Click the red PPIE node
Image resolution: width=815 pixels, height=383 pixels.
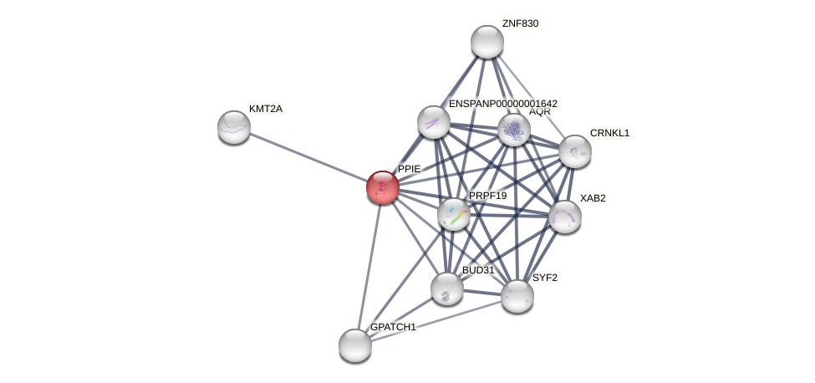(383, 186)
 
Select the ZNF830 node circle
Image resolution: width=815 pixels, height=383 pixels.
(486, 42)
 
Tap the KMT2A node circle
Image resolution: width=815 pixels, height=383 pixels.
(234, 127)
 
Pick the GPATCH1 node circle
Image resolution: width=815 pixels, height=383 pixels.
(355, 345)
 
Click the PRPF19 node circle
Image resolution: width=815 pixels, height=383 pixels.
(454, 214)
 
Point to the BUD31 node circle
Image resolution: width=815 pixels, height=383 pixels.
(447, 289)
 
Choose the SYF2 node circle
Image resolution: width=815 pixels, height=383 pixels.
(517, 295)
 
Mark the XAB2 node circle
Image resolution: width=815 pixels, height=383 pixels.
(565, 217)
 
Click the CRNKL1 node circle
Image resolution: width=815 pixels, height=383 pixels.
(575, 151)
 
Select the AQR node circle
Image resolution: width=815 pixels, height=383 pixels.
(514, 130)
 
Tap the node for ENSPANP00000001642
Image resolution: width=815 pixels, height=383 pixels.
(434, 122)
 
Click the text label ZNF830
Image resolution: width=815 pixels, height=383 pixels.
(520, 23)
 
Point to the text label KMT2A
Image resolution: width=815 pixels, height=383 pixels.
(266, 109)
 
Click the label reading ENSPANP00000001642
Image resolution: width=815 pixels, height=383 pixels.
(502, 104)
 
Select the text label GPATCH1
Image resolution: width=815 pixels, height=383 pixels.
(393, 327)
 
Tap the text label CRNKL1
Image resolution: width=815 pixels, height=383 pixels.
(609, 133)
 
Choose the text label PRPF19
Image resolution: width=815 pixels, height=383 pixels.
(487, 196)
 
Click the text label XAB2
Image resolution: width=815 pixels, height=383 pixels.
(593, 198)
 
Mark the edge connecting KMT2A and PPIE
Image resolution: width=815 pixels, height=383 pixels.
(308, 157)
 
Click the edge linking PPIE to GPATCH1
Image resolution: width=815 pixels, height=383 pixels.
(369, 266)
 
